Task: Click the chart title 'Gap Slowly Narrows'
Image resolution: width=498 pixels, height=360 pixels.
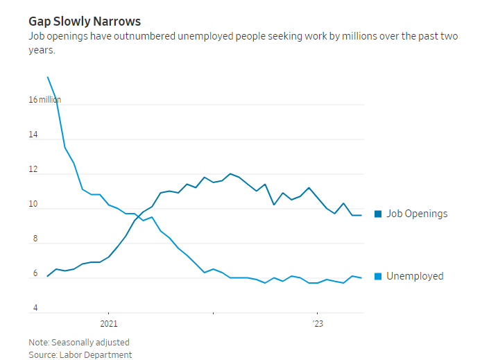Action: pos(85,22)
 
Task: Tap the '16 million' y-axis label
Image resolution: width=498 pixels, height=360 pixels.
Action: pos(44,100)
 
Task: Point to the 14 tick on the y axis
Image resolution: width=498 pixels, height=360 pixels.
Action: pos(33,135)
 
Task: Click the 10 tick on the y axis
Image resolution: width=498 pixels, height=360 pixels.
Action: pos(33,205)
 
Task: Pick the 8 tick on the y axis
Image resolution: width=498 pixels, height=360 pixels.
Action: pos(33,239)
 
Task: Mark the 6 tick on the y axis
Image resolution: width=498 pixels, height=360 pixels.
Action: pos(33,274)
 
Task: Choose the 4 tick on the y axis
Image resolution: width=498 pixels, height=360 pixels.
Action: pos(33,309)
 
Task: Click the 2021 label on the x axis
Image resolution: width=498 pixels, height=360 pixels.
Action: pos(109,323)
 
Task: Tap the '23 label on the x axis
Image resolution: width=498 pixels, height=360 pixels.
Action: pos(318,323)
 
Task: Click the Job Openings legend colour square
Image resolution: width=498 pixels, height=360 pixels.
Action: pos(378,214)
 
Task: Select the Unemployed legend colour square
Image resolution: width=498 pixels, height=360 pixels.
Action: pos(378,276)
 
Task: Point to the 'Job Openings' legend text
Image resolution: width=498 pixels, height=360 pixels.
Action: pos(417,214)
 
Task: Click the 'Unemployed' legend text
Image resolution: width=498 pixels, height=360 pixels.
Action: pos(415,276)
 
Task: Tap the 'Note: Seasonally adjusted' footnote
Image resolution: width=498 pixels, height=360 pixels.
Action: pos(79,342)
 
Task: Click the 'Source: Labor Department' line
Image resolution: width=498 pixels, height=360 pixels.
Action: pos(80,354)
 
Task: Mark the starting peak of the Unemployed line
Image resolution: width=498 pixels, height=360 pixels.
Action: pos(47,77)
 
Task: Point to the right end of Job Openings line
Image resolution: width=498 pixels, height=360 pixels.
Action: pos(361,215)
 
